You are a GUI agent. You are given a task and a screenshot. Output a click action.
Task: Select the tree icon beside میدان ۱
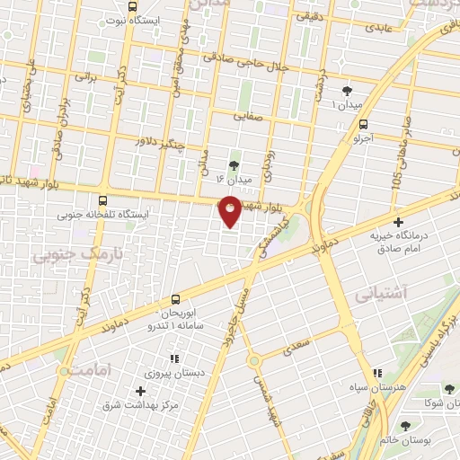click(x=348, y=90)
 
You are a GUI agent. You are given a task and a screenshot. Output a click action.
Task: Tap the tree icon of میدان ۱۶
click(x=234, y=164)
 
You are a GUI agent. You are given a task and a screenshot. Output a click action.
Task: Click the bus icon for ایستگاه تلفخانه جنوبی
click(x=103, y=201)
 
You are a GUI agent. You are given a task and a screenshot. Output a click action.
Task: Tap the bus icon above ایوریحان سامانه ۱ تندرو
click(x=175, y=301)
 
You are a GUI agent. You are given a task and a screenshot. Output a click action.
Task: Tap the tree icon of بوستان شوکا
click(x=449, y=388)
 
